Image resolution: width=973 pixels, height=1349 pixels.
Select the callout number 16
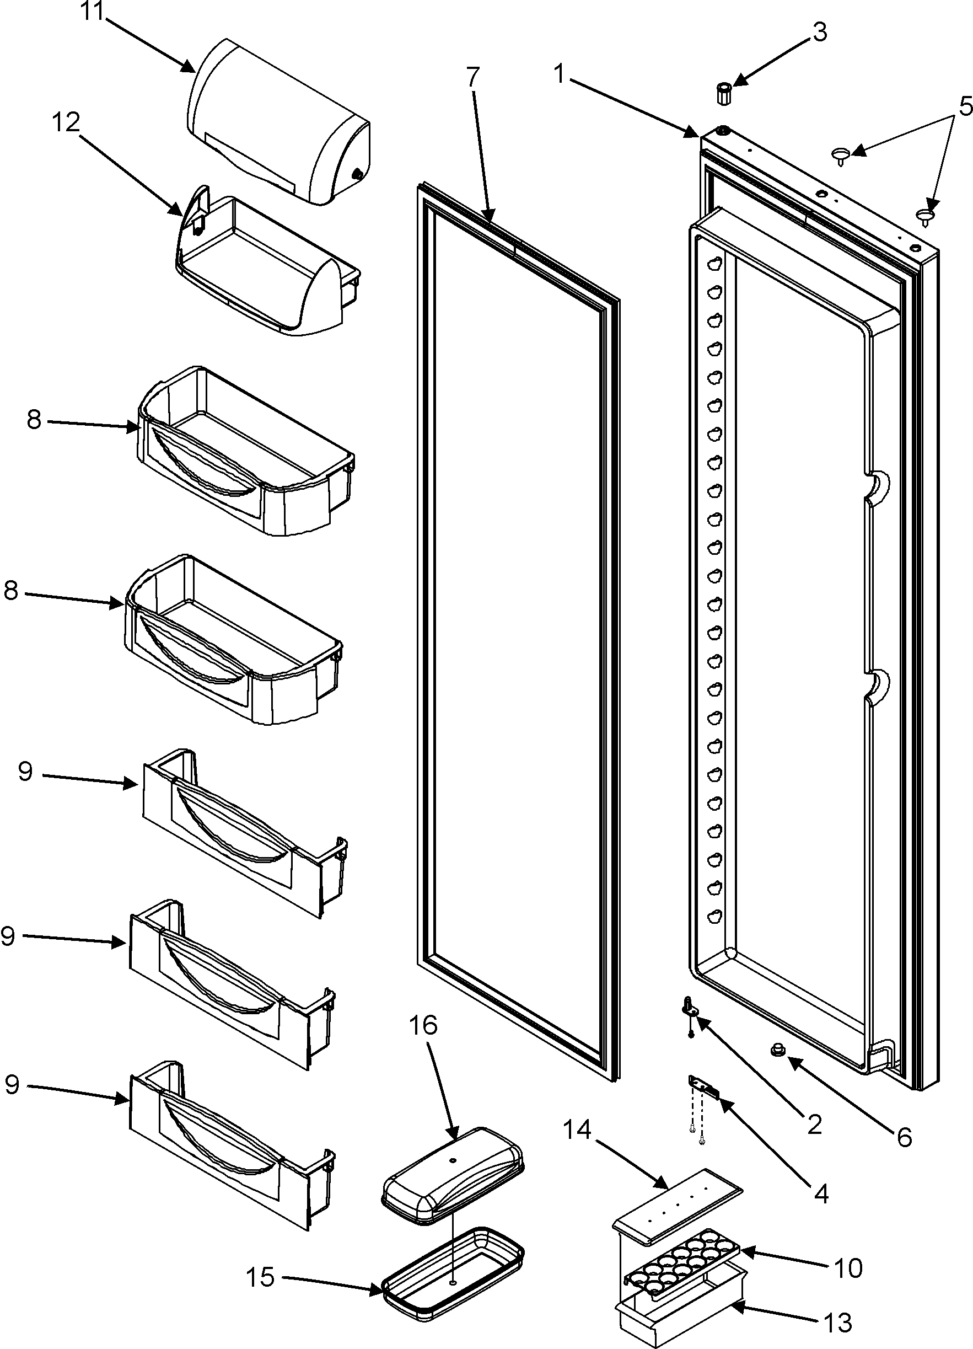coord(423,1041)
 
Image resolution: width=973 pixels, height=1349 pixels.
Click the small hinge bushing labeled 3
coord(723,94)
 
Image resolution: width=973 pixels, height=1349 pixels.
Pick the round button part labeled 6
coord(776,1050)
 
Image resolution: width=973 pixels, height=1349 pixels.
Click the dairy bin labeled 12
coord(267,267)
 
